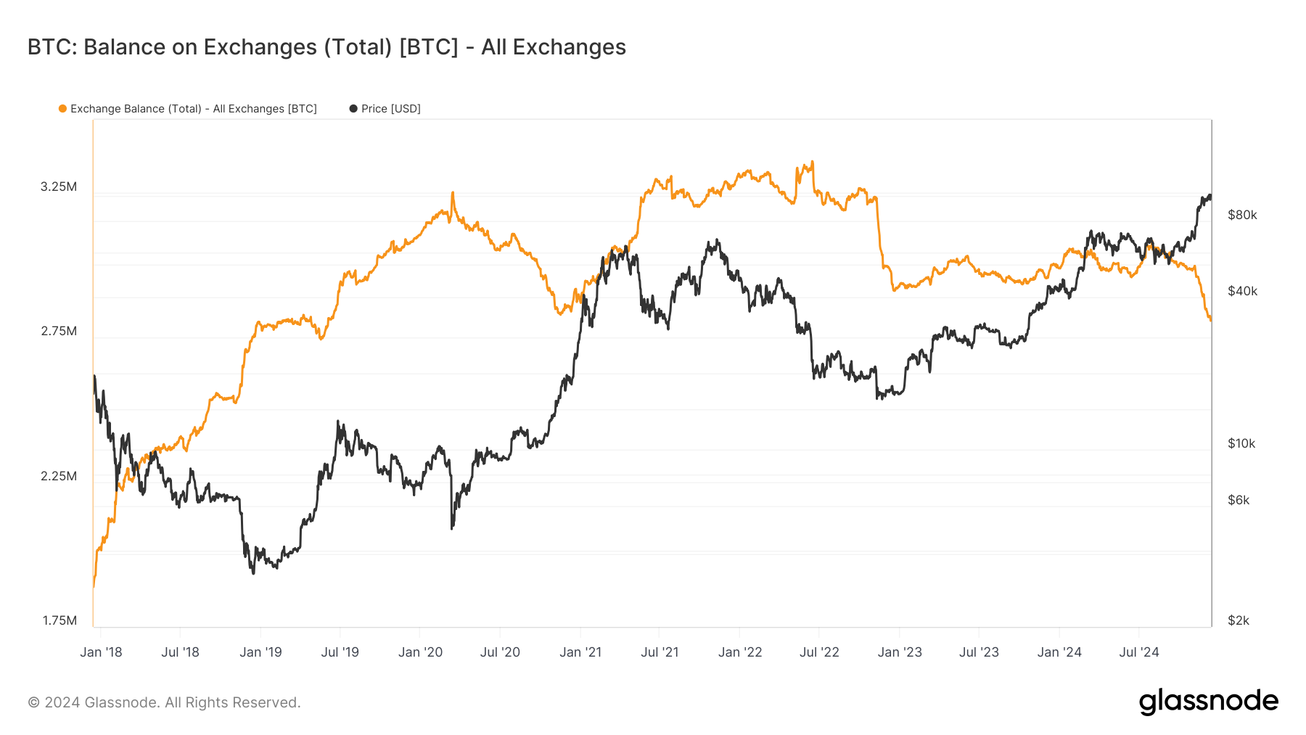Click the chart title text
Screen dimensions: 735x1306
click(326, 47)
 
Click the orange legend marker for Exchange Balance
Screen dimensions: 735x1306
click(63, 109)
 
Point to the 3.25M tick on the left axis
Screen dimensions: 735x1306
click(58, 186)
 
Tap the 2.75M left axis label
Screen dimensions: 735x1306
click(58, 331)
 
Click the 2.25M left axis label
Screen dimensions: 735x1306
click(58, 476)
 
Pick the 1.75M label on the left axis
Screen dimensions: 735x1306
click(59, 620)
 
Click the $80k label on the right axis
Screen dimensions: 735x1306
click(1242, 215)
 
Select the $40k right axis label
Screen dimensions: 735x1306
click(1242, 291)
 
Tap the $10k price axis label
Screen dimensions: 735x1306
click(1241, 443)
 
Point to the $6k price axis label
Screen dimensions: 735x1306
click(1238, 500)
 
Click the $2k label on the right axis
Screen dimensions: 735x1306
click(1238, 620)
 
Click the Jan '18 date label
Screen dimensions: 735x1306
click(101, 652)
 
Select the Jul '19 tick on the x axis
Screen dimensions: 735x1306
click(340, 652)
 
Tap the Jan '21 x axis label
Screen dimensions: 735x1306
click(580, 652)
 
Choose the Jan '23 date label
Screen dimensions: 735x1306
click(900, 652)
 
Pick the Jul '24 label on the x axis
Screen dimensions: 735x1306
click(1139, 652)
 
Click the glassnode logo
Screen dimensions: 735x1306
click(1208, 702)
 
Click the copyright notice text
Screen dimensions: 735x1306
click(164, 702)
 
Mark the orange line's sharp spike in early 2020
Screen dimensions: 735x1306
click(453, 194)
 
